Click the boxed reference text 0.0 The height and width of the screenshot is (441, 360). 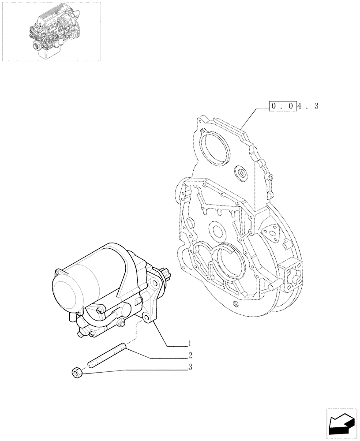coord(282,106)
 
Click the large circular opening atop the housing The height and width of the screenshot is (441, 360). coord(215,149)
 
